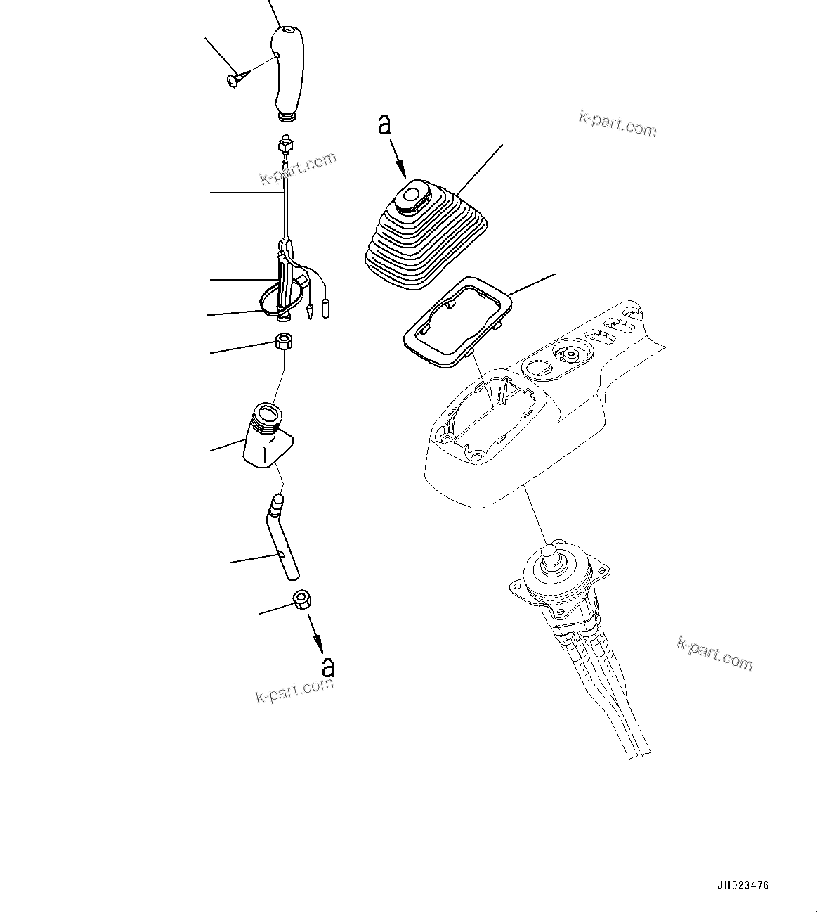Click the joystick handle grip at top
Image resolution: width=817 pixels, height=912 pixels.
(289, 70)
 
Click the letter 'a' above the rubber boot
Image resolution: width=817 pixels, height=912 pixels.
(384, 125)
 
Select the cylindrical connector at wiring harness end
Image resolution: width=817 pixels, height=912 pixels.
(326, 307)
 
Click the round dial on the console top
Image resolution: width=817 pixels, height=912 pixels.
(570, 352)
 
